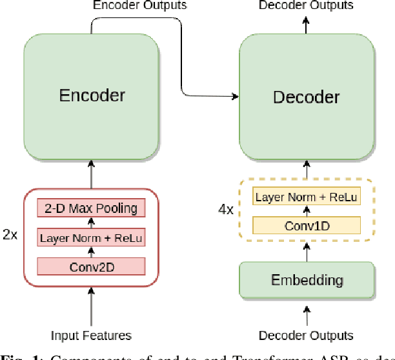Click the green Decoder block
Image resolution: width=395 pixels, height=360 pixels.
pyautogui.click(x=307, y=97)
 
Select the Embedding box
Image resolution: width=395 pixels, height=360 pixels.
pyautogui.click(x=307, y=281)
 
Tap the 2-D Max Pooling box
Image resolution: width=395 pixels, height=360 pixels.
pyautogui.click(x=91, y=208)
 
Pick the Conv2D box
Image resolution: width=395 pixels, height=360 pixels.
pyautogui.click(x=91, y=265)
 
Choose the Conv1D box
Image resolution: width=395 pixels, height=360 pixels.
pyautogui.click(x=307, y=225)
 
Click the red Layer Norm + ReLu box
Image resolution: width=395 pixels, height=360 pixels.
pyautogui.click(x=91, y=237)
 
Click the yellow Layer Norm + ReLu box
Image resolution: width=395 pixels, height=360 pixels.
pyautogui.click(x=307, y=197)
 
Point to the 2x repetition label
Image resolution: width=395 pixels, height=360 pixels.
pyautogui.click(x=11, y=235)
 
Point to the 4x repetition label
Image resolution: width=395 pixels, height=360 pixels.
pyautogui.click(x=225, y=210)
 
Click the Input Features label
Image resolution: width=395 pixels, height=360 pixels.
pyautogui.click(x=91, y=335)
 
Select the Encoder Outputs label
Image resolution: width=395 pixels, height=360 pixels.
pyautogui.click(x=140, y=6)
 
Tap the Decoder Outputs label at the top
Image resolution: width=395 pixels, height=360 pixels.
pyautogui.click(x=306, y=6)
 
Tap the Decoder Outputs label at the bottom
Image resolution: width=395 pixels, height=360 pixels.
pyautogui.click(x=306, y=335)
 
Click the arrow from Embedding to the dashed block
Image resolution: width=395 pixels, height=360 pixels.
pyautogui.click(x=307, y=252)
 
